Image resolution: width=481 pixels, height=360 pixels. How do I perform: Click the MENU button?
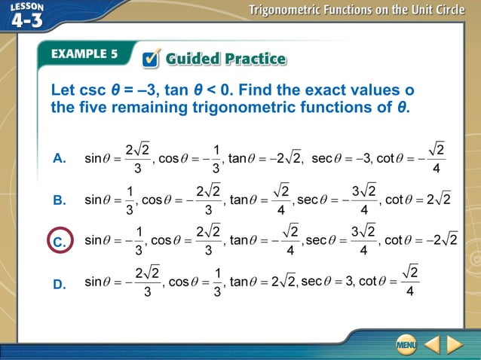406,345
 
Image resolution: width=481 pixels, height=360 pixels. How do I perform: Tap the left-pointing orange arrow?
431,345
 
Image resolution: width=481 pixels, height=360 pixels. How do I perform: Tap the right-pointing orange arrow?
455,345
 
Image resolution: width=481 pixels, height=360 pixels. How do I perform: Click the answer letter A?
60,159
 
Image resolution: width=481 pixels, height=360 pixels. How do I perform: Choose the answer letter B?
60,201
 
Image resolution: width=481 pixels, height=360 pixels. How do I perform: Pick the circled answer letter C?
60,243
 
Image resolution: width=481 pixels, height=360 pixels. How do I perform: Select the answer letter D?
60,285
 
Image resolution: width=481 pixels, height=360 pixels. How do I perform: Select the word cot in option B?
394,200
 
